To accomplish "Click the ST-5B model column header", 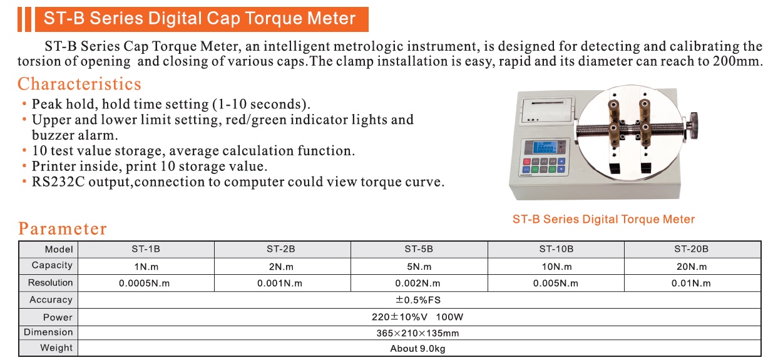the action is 419,249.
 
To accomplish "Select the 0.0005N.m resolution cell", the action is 144,283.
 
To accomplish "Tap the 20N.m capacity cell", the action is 692,267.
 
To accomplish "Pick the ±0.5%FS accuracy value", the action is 418,300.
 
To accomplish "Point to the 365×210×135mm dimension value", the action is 417,333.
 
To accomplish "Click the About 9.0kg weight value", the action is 417,349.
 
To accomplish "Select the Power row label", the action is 58,317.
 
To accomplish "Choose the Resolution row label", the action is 50,282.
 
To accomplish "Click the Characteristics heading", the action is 79,84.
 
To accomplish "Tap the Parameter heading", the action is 63,229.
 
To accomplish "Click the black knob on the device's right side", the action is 694,125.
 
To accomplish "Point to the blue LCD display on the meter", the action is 545,147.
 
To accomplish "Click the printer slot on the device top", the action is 547,103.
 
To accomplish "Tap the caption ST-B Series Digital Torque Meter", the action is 603,219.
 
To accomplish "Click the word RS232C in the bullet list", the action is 58,182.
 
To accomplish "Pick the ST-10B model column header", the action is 556,249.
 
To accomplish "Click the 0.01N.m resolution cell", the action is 691,283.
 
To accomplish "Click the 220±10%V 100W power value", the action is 417,317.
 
